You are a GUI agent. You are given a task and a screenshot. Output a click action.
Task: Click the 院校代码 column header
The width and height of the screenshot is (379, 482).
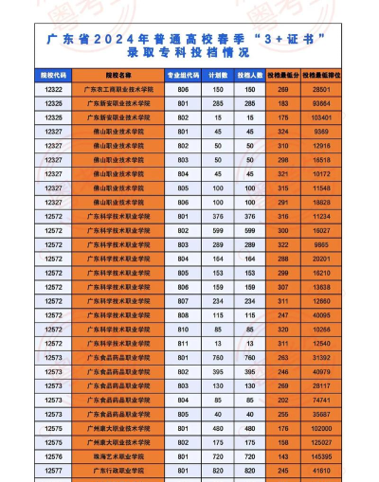point(54,72)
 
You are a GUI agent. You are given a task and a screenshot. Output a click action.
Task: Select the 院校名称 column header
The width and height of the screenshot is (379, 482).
point(118,72)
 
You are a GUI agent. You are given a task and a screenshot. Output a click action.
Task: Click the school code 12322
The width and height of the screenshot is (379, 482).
point(54,88)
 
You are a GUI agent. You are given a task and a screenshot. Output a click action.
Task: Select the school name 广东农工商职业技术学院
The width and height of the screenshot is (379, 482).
point(118,88)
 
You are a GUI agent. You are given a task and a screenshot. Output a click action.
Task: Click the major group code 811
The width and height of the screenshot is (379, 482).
point(184,342)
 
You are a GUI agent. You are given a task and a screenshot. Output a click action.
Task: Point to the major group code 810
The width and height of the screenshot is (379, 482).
point(184,328)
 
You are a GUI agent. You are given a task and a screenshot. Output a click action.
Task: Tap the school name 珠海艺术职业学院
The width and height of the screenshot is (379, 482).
point(118,455)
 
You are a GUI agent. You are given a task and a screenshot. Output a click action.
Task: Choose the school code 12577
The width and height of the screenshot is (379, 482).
point(54,470)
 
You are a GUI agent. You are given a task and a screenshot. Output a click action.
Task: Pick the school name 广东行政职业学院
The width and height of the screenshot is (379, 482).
point(118,470)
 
